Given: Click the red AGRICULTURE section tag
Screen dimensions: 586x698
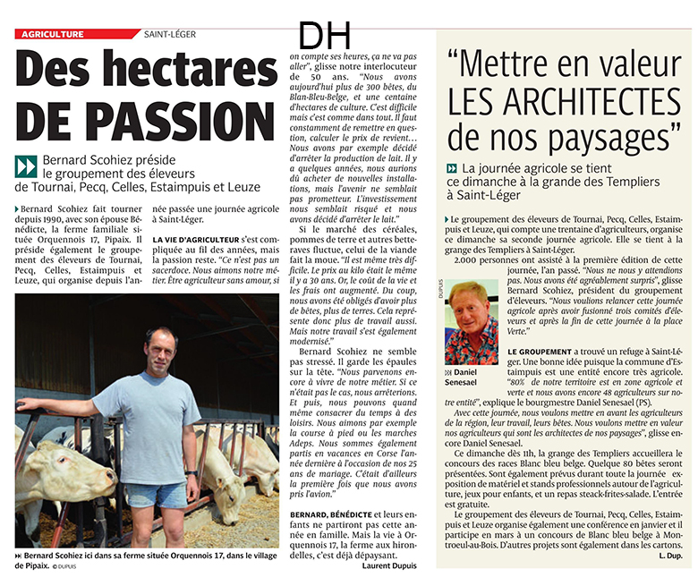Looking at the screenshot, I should click(x=54, y=34).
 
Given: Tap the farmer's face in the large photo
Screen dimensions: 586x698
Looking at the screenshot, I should click(x=161, y=349).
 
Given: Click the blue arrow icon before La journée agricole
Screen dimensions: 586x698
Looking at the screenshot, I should click(x=452, y=168).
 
